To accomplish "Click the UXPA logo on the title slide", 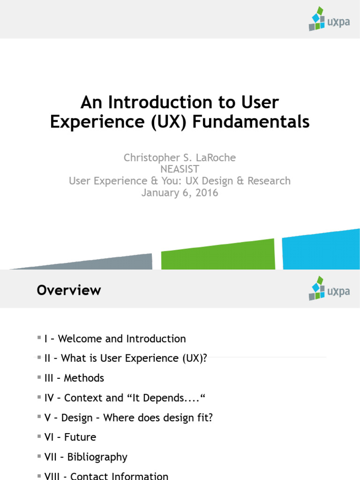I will pos(329,19).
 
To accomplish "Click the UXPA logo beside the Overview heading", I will pos(329,288).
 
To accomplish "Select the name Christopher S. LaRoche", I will pos(180,158).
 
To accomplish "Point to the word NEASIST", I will pos(180,169).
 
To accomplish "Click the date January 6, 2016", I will pos(180,192).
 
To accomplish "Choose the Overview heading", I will pos(69,290).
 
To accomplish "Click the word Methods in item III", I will pos(84,378).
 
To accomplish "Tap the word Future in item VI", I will pos(80,437).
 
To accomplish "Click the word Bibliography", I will pos(97,457).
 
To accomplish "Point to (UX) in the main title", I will pos(172,122).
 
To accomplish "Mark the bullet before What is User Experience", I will pos(39,358).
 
